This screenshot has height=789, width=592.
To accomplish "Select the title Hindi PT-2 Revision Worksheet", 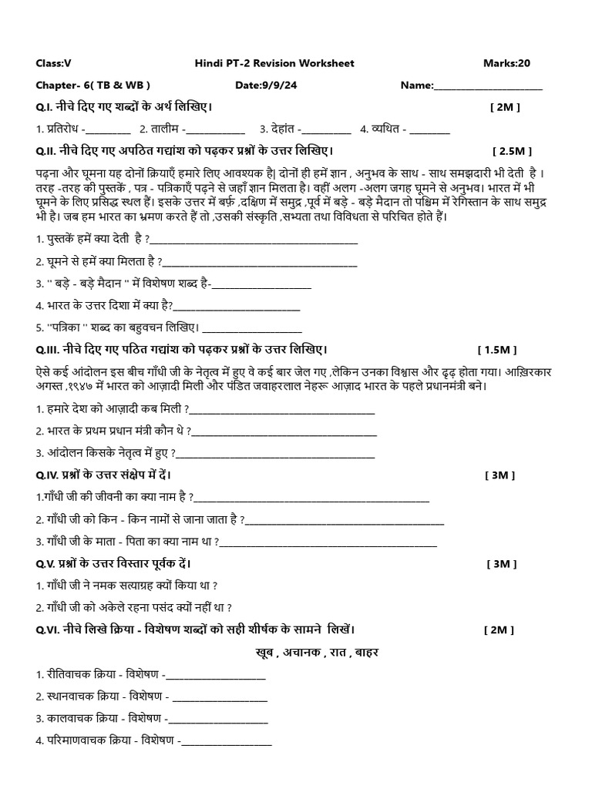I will [274, 63].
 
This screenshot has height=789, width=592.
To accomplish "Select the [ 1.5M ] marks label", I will [503, 348].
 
